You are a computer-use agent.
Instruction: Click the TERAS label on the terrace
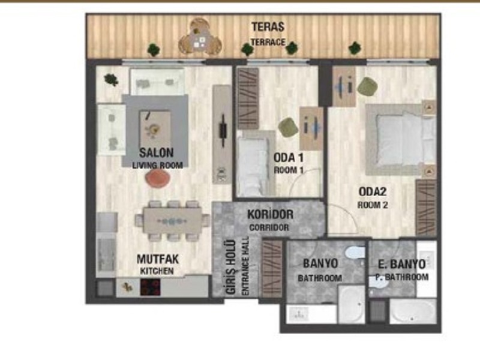pos(268,27)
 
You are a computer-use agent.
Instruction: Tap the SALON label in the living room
pos(157,152)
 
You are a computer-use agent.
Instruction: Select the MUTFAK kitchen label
pos(157,259)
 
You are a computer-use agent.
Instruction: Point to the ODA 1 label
pos(289,158)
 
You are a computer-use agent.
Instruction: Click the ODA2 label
pos(373,191)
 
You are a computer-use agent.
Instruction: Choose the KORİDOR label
pos(270,214)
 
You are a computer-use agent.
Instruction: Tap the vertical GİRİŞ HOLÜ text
pos(231,267)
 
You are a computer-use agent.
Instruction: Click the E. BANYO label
pos(401,264)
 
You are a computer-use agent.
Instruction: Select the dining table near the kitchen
pos(173,221)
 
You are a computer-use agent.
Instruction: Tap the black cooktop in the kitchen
pos(151,287)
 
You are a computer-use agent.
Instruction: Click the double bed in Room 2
pos(401,140)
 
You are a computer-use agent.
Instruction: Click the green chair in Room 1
pos(289,127)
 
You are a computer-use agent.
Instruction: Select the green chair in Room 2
pos(367,86)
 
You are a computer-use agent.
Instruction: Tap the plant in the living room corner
pos(111,80)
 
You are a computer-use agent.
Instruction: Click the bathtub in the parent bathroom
pos(413,311)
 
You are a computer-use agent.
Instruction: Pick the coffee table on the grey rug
pos(155,129)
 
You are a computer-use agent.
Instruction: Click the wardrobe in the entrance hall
pos(272,268)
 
